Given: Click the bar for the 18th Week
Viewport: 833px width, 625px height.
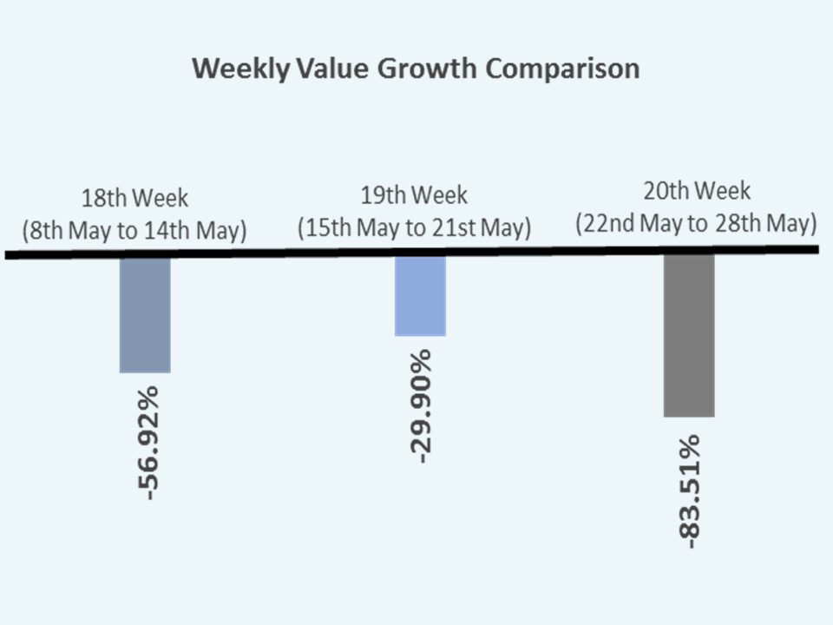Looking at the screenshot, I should click(x=145, y=315).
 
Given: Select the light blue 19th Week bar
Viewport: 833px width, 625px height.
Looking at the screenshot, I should click(x=420, y=296).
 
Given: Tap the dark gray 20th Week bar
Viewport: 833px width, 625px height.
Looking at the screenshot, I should click(x=689, y=336).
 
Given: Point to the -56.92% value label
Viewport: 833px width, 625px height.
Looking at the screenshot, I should click(x=148, y=443).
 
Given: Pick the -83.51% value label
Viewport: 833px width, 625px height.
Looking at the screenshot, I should click(x=690, y=490).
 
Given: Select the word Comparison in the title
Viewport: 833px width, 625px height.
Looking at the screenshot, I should click(x=562, y=69).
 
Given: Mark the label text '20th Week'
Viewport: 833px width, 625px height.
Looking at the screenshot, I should click(x=697, y=191).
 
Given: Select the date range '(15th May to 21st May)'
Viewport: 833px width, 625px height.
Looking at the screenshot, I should click(x=414, y=228).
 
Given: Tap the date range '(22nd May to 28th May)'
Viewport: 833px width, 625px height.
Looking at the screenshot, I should click(x=697, y=224).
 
